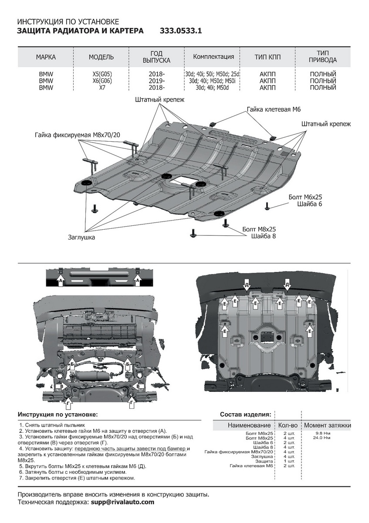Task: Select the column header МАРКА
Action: pyautogui.click(x=46, y=58)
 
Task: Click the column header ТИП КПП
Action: pyautogui.click(x=267, y=58)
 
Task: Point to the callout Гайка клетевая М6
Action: pyautogui.click(x=274, y=109)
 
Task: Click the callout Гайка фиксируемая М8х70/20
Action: pyautogui.click(x=77, y=135)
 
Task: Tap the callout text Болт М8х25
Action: pyautogui.click(x=259, y=229)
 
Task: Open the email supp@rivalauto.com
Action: pyautogui.click(x=122, y=502)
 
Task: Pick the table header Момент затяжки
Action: pyautogui.click(x=327, y=425)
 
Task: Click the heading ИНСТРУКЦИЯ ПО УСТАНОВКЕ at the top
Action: pyautogui.click(x=68, y=22)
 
